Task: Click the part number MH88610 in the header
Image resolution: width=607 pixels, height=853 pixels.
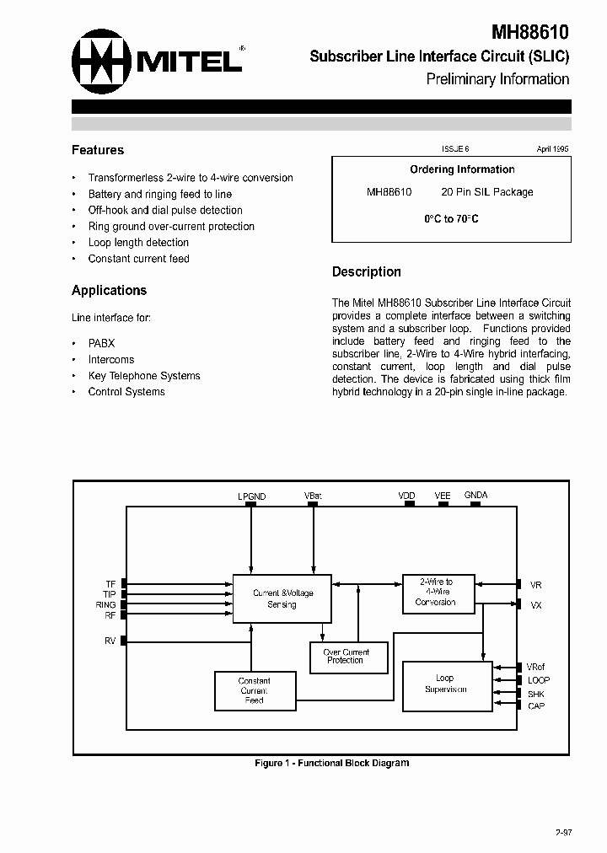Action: point(530,33)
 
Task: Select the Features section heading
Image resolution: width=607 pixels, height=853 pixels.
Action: point(98,150)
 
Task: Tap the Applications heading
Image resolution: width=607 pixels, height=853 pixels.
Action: point(109,290)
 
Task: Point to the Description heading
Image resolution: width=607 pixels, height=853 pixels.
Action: point(366,271)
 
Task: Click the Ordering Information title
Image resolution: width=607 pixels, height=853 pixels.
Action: point(462,169)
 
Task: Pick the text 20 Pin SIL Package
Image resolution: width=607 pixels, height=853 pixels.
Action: point(487,192)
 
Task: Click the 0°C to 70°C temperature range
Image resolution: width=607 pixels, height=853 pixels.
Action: point(451,219)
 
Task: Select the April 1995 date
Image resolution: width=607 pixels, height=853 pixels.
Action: point(553,148)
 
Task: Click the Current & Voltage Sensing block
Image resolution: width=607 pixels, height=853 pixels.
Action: point(282,598)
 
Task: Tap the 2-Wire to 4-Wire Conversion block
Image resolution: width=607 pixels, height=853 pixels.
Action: point(435,592)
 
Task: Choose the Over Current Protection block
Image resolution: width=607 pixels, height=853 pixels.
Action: point(346,657)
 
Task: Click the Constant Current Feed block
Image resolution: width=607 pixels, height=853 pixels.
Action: point(254,690)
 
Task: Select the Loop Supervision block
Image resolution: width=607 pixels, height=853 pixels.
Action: point(446,684)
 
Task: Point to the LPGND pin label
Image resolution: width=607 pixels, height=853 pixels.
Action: point(251,496)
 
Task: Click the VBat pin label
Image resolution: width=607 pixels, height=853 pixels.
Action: point(313,496)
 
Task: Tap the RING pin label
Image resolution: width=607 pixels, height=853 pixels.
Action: point(105,605)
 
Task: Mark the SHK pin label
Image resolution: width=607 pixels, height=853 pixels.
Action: point(536,694)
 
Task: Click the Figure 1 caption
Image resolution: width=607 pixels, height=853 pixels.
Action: point(331,763)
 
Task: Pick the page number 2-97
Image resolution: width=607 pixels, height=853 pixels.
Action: point(564,833)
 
